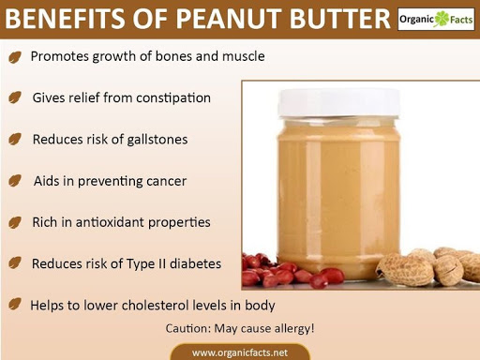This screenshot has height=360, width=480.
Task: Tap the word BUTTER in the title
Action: coord(340,19)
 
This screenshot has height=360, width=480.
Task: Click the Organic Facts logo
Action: coord(436,20)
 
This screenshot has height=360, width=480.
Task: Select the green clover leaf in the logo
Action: coord(442,19)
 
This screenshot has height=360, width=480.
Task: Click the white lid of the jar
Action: coord(339,102)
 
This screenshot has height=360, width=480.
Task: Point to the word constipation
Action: coord(173,98)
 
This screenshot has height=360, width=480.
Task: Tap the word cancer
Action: coord(166,181)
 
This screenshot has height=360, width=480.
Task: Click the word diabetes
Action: coord(195,263)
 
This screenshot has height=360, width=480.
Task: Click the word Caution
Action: coord(188,328)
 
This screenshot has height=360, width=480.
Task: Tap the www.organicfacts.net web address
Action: coord(240,352)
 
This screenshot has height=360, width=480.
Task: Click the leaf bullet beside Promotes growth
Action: coord(15,57)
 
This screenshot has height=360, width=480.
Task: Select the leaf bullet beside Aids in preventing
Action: coord(15,181)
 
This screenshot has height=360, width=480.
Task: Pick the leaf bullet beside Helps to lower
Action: coord(15,304)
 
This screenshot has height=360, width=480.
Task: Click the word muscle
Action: coord(244,56)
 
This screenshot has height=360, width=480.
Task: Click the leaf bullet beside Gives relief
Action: coord(15,97)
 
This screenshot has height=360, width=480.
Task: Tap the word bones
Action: coord(173,56)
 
